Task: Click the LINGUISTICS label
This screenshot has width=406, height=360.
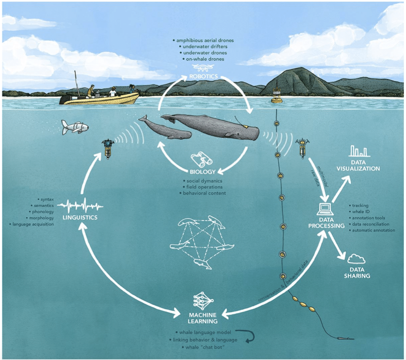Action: (80, 218)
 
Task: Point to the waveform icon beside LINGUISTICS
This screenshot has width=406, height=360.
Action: (80, 205)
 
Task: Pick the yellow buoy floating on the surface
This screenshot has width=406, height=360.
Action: (277, 96)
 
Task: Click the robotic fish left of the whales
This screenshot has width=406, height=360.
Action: (75, 127)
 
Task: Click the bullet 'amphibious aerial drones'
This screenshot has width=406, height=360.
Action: (202, 40)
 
